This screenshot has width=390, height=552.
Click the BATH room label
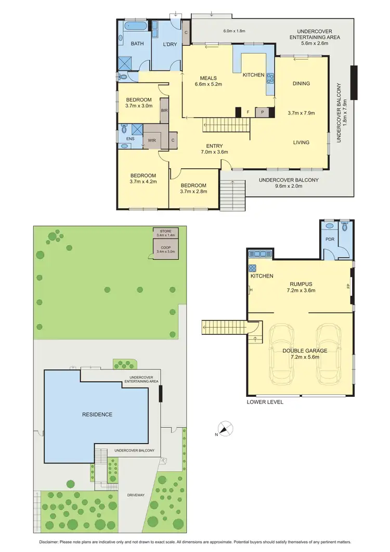click(x=137, y=44)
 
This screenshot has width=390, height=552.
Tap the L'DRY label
click(x=170, y=44)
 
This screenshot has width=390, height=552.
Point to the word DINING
click(x=301, y=83)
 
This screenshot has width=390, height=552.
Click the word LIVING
click(x=301, y=142)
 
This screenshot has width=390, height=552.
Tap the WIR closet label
click(x=152, y=140)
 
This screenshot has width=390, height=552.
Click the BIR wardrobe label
click(x=164, y=111)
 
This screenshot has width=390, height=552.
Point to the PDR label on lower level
click(x=329, y=240)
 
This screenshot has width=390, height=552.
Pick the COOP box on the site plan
click(x=166, y=248)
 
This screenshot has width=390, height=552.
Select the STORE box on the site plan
click(x=166, y=233)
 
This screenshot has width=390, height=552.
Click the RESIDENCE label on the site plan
click(x=97, y=415)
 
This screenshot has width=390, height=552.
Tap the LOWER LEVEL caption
click(x=265, y=402)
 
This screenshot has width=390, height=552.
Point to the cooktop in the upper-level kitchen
click(x=270, y=79)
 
